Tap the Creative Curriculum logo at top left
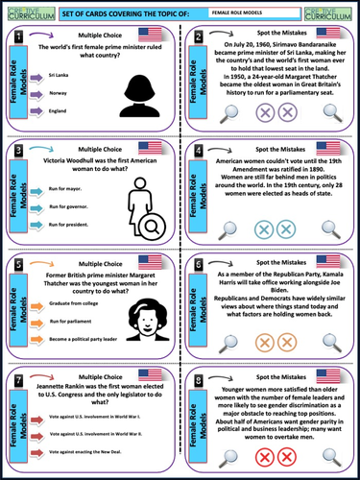tap(21, 11)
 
